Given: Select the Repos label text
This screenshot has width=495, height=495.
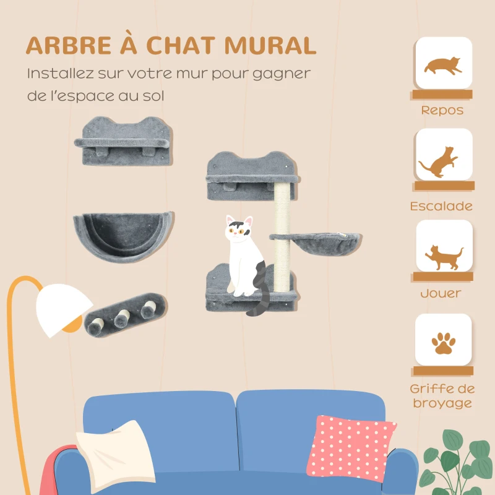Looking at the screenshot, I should [x=442, y=111].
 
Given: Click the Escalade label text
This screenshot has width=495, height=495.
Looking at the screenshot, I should [x=442, y=206].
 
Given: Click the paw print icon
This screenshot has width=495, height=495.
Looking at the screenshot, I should [x=443, y=342].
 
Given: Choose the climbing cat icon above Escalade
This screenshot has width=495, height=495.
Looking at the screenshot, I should [x=441, y=160].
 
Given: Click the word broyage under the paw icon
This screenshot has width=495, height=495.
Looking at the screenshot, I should [x=442, y=403].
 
